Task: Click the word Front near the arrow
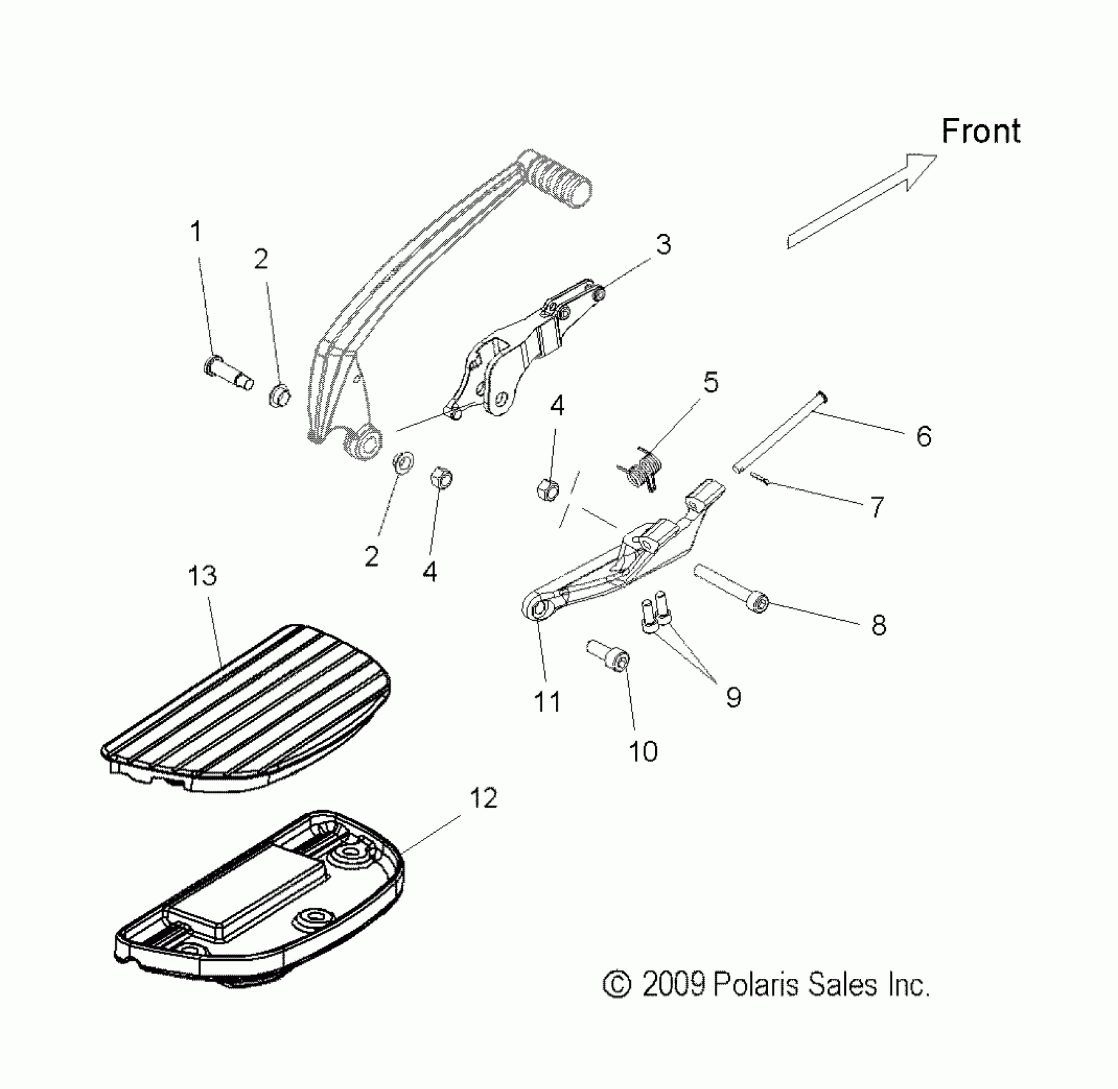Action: (x=980, y=131)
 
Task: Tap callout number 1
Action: (x=196, y=232)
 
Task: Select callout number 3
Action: (x=663, y=245)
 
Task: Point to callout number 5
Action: (x=711, y=382)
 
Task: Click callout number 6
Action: (x=924, y=437)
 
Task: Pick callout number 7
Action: (x=877, y=507)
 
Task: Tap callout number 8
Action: (x=879, y=625)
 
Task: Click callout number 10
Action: (x=643, y=751)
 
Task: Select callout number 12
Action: (x=483, y=799)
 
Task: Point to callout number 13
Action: (x=203, y=576)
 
